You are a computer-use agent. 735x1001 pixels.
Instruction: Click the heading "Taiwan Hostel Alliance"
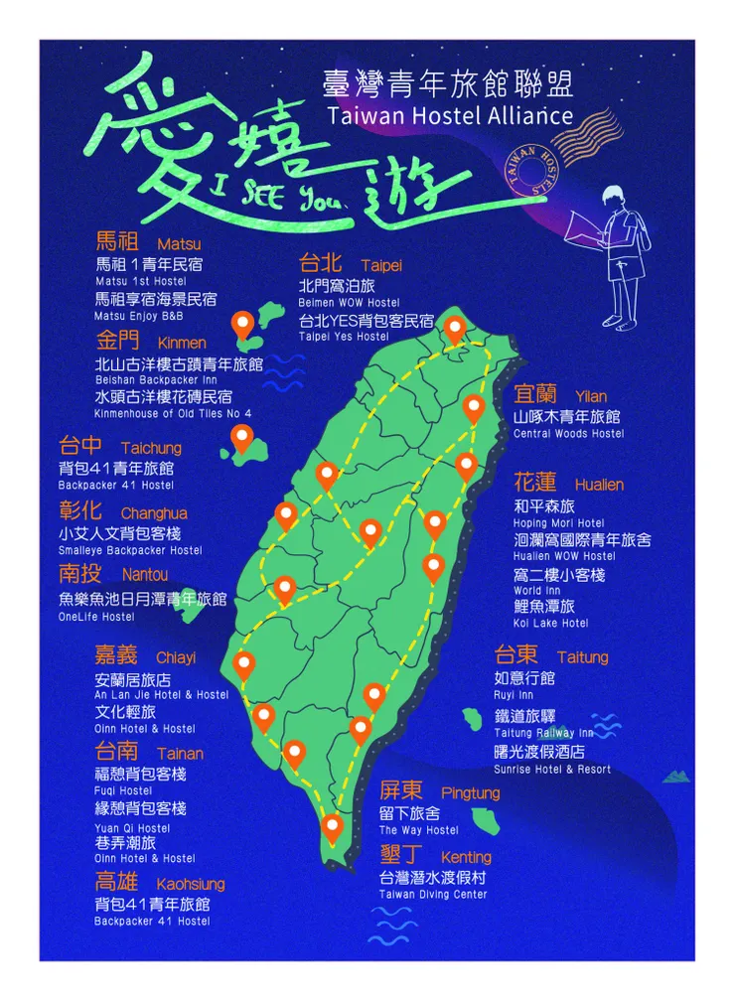[x=450, y=115]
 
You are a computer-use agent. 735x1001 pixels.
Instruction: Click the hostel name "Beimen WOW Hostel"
[x=349, y=302]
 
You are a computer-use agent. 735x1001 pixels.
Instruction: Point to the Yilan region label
[x=559, y=396]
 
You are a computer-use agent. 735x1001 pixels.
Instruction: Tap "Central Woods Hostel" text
[x=569, y=434]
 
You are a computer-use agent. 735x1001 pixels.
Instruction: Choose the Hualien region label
[x=568, y=484]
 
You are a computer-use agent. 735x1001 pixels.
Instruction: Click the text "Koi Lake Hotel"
[x=550, y=624]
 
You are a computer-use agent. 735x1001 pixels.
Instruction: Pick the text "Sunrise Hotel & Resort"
[x=552, y=770]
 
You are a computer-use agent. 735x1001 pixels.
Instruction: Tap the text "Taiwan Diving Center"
[x=433, y=895]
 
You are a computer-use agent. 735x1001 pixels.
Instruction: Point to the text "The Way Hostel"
[x=418, y=830]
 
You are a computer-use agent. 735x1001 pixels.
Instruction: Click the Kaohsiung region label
[x=159, y=883]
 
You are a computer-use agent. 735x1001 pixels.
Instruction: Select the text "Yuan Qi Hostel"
[x=132, y=828]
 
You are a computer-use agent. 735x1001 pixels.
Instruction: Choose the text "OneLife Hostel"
[x=96, y=617]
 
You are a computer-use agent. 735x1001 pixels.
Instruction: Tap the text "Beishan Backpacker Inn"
[x=156, y=380]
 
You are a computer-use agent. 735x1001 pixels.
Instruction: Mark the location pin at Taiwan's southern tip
[x=332, y=826]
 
